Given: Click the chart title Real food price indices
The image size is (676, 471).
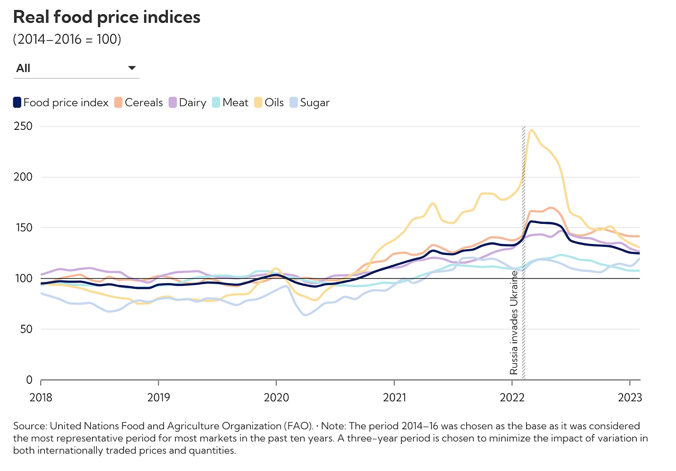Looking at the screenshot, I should click(107, 17).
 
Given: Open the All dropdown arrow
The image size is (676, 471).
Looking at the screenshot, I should click(132, 68).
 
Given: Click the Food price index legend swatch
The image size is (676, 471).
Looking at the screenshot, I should click(17, 103).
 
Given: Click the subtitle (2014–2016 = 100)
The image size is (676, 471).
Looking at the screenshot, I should click(67, 40).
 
